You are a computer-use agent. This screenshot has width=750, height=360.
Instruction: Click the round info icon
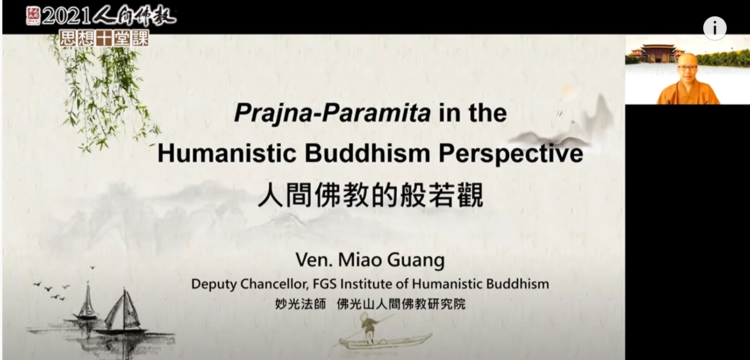(x=714, y=28)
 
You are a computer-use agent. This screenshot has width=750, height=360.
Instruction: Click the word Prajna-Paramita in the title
(x=333, y=113)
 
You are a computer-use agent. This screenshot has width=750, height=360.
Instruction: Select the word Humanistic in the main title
(x=227, y=153)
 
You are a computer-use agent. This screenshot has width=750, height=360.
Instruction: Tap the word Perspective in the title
(x=511, y=154)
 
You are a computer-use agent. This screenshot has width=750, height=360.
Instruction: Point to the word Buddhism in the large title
(x=367, y=153)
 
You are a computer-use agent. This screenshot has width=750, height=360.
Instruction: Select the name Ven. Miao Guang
(x=370, y=260)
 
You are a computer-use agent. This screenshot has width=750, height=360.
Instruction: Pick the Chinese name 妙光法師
(x=300, y=304)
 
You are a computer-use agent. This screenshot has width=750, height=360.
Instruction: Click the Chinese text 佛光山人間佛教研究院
(x=401, y=304)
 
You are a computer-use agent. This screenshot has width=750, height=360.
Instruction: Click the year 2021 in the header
(x=67, y=16)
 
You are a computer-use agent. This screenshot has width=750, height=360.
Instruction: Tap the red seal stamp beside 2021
(x=33, y=16)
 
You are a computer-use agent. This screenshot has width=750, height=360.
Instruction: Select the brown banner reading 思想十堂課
(x=104, y=38)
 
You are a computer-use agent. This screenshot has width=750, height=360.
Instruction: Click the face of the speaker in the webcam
(x=687, y=70)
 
